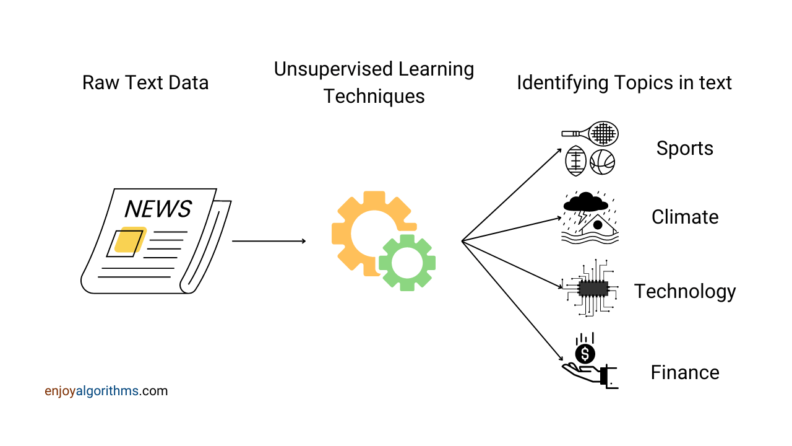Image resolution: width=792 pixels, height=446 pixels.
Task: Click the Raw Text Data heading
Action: tap(145, 82)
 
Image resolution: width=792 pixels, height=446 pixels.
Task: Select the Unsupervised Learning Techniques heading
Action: tap(374, 82)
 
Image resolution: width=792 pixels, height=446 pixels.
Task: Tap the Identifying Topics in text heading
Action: tap(624, 82)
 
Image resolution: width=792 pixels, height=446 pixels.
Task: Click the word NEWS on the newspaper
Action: tap(158, 209)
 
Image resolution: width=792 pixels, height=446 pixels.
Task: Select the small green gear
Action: tap(407, 263)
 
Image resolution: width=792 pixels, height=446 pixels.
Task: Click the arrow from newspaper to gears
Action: tap(269, 241)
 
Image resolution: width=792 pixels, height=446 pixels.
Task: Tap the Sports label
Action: tap(684, 149)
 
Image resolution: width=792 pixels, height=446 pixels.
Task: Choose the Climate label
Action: tap(684, 217)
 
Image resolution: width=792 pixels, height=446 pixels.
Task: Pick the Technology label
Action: tap(684, 291)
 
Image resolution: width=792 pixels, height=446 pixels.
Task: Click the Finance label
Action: tap(684, 372)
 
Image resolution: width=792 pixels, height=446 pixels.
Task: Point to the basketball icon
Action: tap(602, 162)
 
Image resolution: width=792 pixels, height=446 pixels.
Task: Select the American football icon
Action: tap(575, 161)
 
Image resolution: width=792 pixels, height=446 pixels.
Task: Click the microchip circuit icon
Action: tap(593, 288)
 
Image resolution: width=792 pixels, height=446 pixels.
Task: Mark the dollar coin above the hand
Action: tap(585, 354)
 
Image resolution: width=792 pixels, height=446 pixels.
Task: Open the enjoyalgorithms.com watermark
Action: tap(106, 391)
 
